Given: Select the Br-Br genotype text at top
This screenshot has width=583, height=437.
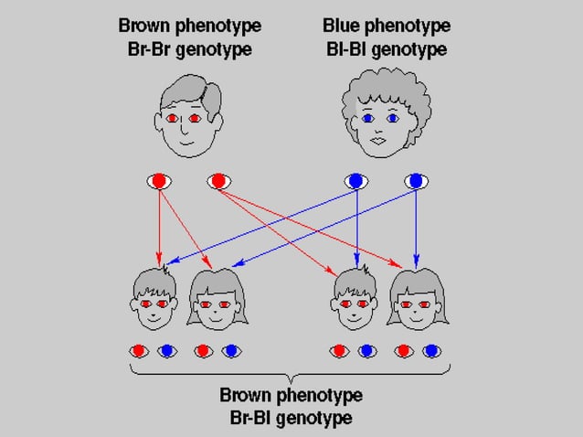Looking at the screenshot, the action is [189, 48].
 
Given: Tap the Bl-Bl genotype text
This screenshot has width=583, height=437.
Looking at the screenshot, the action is [386, 48].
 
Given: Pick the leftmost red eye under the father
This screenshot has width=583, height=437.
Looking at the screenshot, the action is [159, 181].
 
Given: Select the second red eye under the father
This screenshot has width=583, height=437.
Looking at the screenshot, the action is [218, 181].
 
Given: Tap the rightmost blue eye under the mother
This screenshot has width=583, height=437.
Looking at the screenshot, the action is [417, 181].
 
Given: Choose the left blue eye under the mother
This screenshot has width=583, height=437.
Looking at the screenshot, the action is [355, 181].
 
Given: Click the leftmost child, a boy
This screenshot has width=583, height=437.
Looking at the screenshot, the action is [155, 297].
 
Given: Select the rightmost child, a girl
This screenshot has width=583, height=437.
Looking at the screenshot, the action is [416, 297].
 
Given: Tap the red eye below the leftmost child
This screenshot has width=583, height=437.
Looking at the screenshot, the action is [138, 350].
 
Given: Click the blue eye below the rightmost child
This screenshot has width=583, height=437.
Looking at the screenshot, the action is [430, 350].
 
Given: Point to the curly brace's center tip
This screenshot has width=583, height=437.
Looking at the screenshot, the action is [291, 380].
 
